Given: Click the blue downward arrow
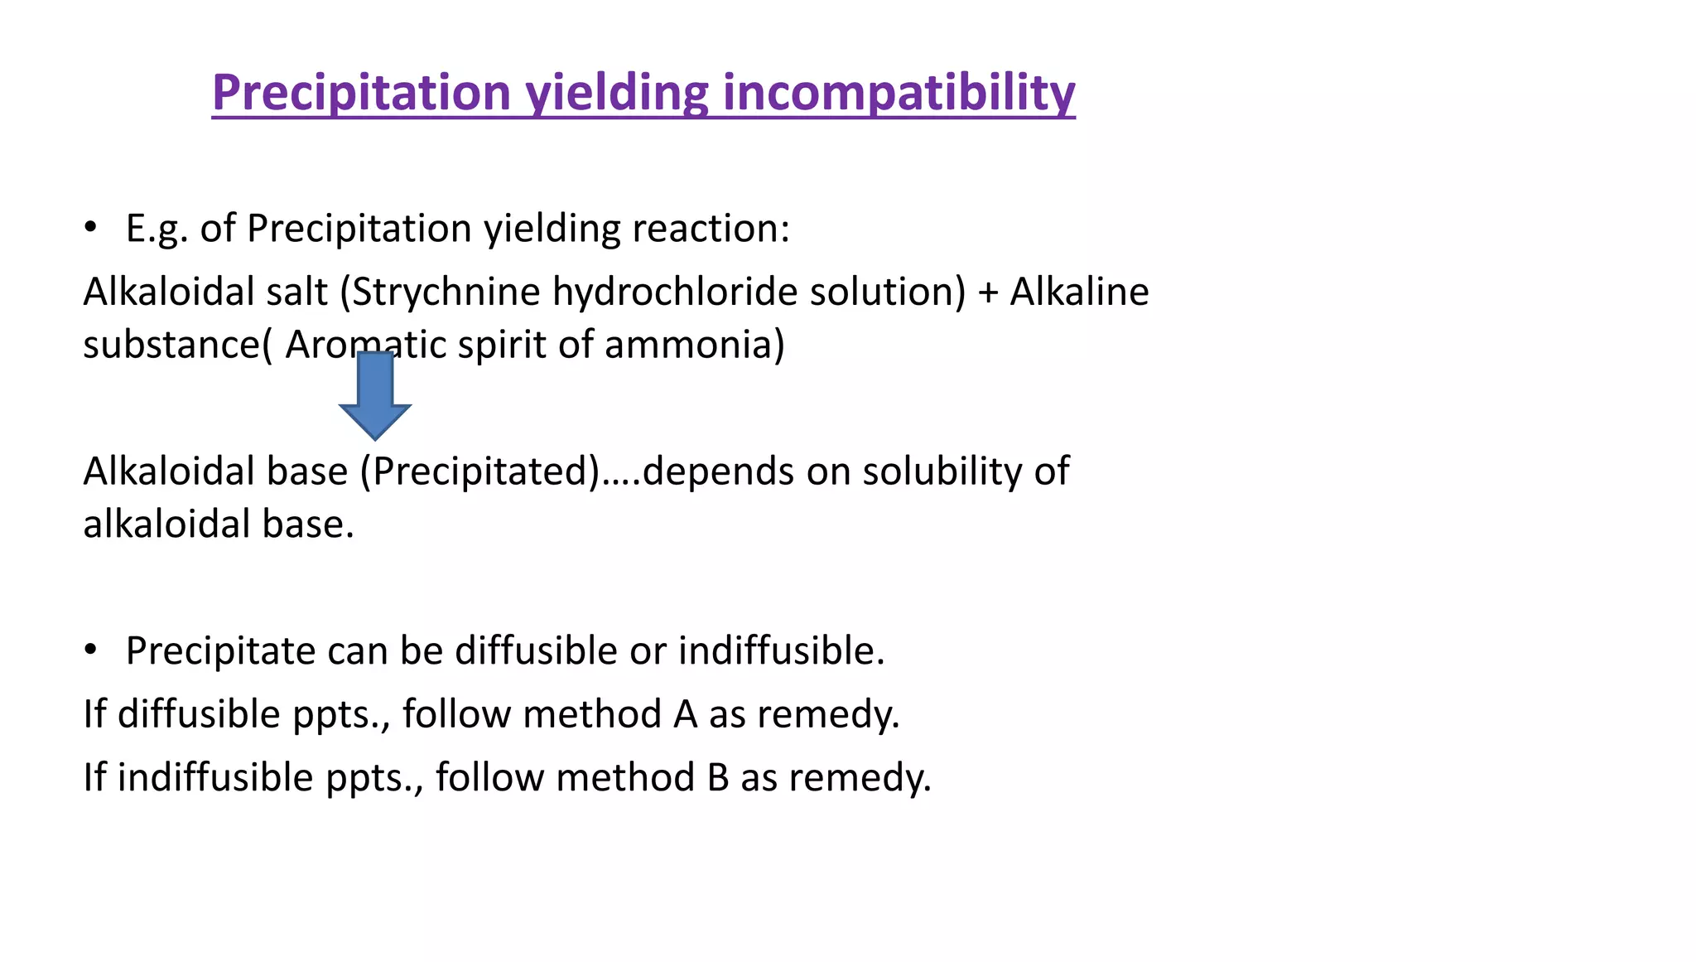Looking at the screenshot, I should [375, 395].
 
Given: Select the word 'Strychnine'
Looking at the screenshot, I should [446, 292].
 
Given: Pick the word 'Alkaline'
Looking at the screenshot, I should [1079, 292].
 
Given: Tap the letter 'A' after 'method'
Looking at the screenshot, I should [685, 714].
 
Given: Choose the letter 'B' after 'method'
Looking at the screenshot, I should [718, 778].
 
